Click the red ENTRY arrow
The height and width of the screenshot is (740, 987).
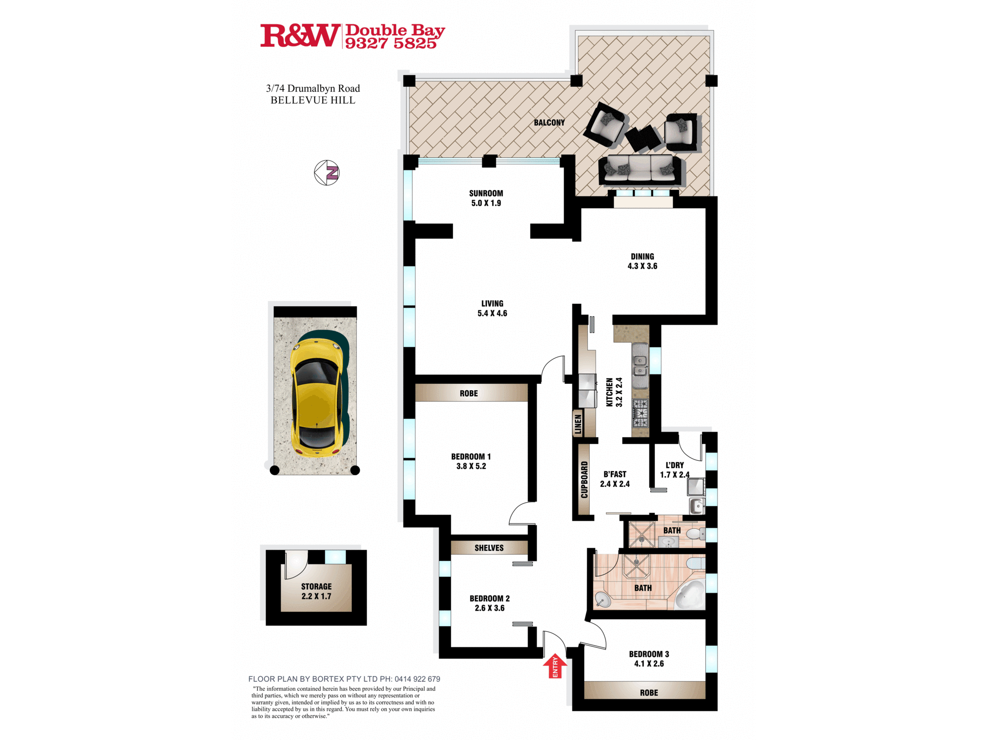[x=555, y=666]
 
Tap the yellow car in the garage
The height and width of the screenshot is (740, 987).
[x=316, y=397]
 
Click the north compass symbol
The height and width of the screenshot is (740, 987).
[x=327, y=173]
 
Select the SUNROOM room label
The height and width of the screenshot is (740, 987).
[x=486, y=193]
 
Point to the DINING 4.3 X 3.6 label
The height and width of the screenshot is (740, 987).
[x=642, y=261]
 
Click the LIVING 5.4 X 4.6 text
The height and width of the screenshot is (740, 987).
[x=492, y=308]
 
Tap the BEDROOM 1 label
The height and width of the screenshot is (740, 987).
[x=471, y=457]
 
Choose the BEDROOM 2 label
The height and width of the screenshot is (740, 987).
[x=490, y=598]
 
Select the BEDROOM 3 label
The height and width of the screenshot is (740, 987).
[x=649, y=654]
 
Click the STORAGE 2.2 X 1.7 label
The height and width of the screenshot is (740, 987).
[x=316, y=591]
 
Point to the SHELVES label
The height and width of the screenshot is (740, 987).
[x=489, y=548]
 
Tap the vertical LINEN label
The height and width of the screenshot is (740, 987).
[x=578, y=424]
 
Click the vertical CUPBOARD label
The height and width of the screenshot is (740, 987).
[x=584, y=480]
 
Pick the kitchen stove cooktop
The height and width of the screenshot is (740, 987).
[x=641, y=413]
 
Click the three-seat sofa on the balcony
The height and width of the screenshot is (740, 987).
[x=640, y=170]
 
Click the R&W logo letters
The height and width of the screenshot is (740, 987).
[x=300, y=36]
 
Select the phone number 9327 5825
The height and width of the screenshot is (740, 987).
[x=390, y=43]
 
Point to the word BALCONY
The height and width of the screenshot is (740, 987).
[x=549, y=122]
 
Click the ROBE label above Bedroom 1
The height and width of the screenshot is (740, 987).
[x=469, y=393]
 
